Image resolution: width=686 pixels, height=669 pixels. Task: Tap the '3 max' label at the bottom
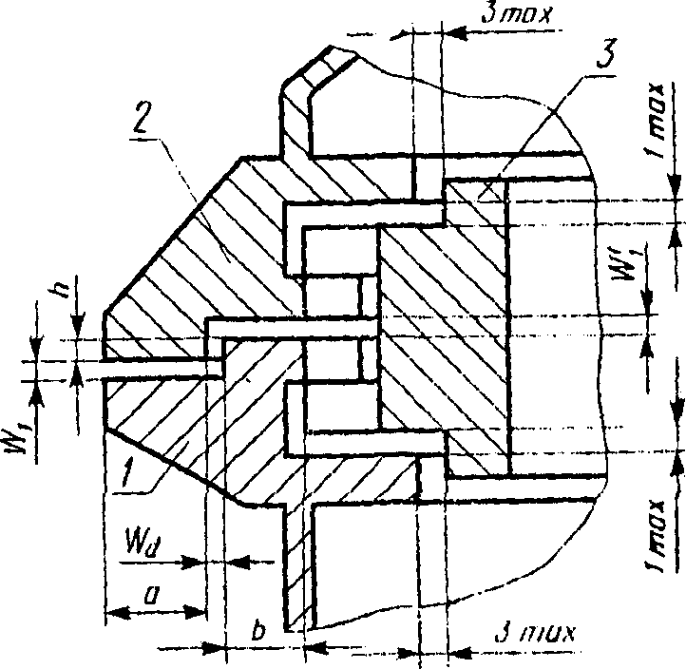click(x=535, y=632)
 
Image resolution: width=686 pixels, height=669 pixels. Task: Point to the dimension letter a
click(x=150, y=595)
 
